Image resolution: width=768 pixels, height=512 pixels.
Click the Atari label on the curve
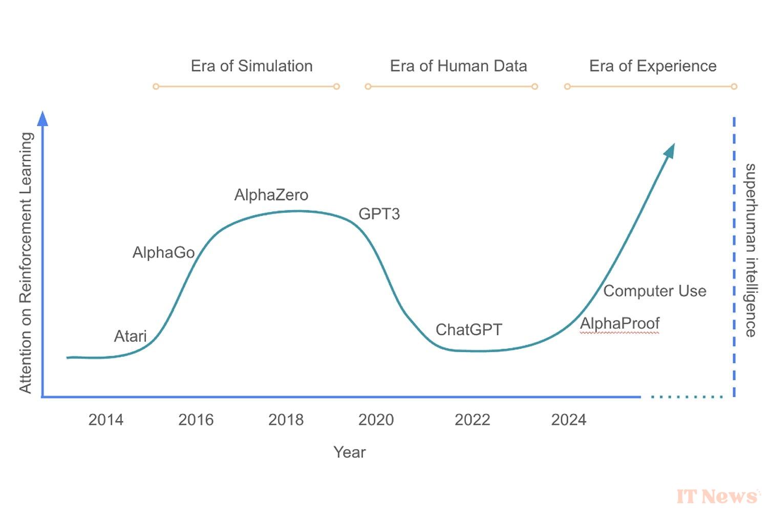tap(130, 336)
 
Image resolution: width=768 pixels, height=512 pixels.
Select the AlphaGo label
tap(163, 252)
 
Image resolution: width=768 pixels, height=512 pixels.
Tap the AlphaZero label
tap(271, 195)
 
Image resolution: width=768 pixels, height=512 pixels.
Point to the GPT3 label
tap(379, 214)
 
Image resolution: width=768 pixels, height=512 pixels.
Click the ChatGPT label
tap(468, 330)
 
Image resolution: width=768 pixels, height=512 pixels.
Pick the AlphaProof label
tap(620, 324)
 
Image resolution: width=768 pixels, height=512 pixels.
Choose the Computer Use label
tap(654, 291)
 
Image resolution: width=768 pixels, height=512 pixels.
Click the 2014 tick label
tap(105, 420)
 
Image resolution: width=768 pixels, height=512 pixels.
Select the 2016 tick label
tap(196, 420)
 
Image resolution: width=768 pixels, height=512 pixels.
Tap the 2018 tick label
tap(286, 420)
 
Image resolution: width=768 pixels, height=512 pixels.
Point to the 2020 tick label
tap(376, 420)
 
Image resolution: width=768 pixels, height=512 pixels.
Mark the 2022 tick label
tap(472, 420)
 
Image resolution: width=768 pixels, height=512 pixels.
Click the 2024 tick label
tap(568, 420)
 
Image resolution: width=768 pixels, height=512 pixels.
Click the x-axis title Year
tap(349, 452)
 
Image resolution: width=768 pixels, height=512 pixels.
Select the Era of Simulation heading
tap(251, 66)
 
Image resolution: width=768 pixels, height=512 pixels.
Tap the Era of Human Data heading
tap(458, 66)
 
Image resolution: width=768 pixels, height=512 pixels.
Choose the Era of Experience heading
tap(653, 66)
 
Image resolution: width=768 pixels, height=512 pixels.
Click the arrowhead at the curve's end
tap(669, 151)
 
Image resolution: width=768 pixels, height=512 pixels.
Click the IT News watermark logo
tap(717, 496)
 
